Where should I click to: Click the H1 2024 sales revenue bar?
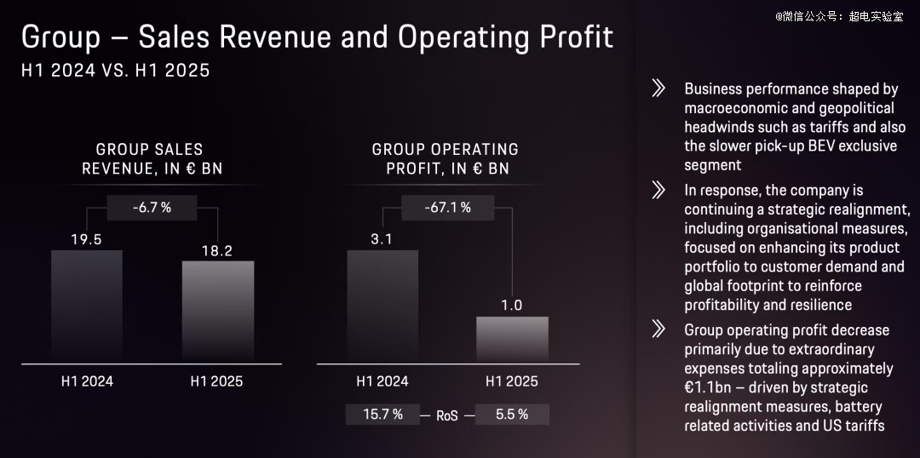[87, 306]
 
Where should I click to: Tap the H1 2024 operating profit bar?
[382, 306]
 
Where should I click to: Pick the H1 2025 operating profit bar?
[512, 340]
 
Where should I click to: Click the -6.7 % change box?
[152, 208]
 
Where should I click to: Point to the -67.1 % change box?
[447, 208]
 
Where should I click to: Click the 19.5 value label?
[86, 239]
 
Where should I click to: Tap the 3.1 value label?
[382, 239]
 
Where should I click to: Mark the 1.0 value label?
[512, 306]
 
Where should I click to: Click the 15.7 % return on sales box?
[382, 415]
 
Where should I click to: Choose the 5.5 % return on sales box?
[512, 415]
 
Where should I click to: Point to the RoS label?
[447, 415]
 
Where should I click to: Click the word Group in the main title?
[57, 37]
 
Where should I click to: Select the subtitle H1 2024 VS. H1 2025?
[115, 70]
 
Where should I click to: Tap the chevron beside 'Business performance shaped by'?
[658, 89]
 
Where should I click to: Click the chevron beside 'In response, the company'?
[658, 190]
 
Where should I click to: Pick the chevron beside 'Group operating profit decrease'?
[658, 329]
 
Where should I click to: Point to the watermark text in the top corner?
[838, 16]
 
